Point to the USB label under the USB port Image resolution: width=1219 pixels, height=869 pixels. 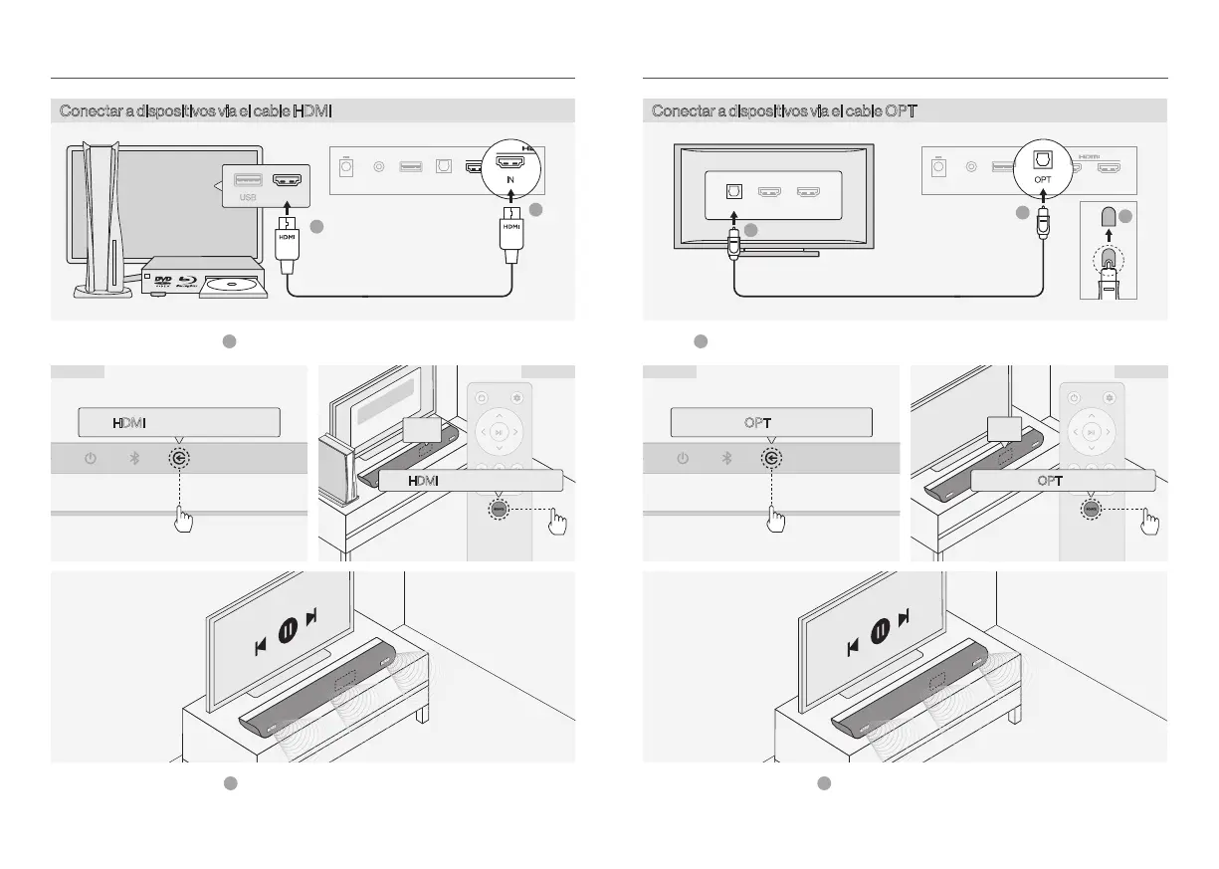click(x=248, y=198)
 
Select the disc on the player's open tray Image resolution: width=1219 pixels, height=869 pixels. click(x=232, y=286)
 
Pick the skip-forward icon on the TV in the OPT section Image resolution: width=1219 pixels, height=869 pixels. click(x=904, y=619)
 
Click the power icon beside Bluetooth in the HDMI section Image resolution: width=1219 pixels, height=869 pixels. click(x=91, y=459)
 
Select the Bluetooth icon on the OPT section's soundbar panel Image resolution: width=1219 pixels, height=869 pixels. click(x=726, y=459)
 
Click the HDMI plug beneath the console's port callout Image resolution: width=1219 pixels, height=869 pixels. click(x=288, y=240)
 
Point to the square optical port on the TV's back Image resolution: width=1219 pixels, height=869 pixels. click(x=733, y=192)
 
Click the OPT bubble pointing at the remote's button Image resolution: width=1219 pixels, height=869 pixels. click(x=1062, y=480)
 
